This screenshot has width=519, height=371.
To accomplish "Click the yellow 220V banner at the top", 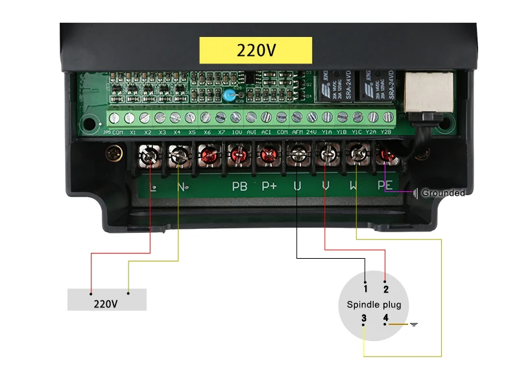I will click(255, 49).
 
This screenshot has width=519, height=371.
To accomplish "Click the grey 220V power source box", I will click(106, 300).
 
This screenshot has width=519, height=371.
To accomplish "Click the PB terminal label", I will click(239, 186).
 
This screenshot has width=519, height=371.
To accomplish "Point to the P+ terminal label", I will click(269, 186).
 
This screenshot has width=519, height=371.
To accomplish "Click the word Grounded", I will click(443, 193).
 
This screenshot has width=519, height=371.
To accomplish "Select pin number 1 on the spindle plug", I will click(366, 288).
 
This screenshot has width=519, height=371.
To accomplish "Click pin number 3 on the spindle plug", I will click(364, 318).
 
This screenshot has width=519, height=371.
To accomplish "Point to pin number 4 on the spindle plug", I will click(385, 318).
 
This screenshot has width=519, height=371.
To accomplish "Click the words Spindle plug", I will click(374, 304).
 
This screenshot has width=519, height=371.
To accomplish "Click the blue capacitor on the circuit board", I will click(228, 97).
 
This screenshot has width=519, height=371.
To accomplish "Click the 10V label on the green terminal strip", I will click(237, 132).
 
